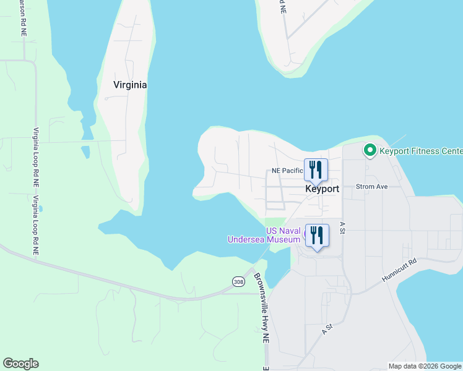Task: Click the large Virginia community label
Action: [x=130, y=85]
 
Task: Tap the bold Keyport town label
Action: [x=322, y=189]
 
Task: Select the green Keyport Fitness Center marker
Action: [x=370, y=150]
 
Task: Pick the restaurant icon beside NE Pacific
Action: [x=316, y=169]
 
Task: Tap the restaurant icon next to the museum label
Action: [x=316, y=236]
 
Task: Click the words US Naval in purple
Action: [x=283, y=231]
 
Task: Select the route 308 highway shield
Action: [x=238, y=281]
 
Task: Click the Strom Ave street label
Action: [x=371, y=186]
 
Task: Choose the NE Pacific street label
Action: [x=287, y=171]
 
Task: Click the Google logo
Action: [x=20, y=364]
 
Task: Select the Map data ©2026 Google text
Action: [x=425, y=365]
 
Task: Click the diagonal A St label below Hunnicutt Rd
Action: [x=327, y=329]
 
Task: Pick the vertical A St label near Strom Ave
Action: [x=342, y=227]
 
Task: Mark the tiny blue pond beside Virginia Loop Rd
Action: [x=41, y=210]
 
